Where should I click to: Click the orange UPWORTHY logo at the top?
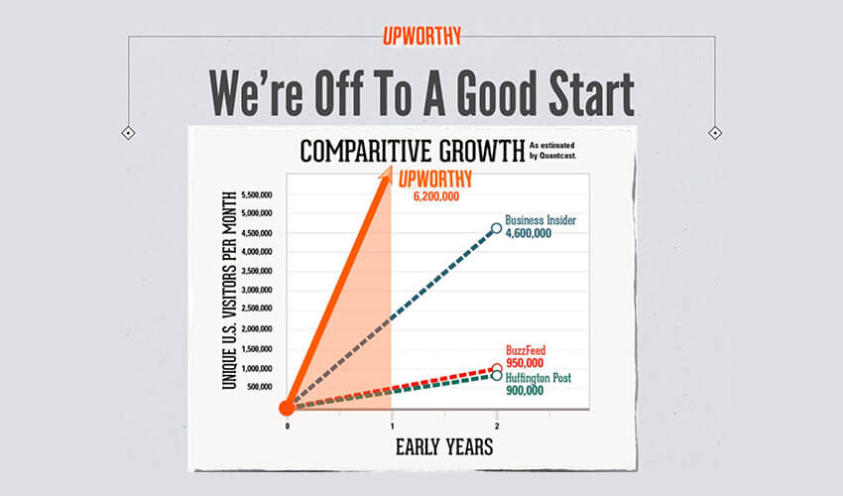coord(422,36)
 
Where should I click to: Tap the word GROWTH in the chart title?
coord(482,151)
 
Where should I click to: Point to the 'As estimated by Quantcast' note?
coord(552,151)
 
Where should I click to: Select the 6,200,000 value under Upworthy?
coord(436,196)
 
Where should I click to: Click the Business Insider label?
coord(541,220)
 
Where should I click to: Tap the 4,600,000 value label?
coord(529,233)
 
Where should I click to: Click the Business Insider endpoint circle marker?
coord(496,228)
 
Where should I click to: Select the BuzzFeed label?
coord(526,350)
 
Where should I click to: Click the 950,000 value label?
coord(525,363)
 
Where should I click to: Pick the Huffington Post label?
coord(539,378)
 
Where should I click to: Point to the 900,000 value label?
coord(525,391)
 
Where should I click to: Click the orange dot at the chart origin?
coord(287,408)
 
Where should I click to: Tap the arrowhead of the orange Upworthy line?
coord(386,173)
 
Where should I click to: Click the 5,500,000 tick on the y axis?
coord(257,194)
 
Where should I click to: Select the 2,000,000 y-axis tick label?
coord(257,328)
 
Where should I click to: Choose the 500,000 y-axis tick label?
coord(260,387)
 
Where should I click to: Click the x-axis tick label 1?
coord(393,427)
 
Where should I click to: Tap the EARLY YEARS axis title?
coord(444,447)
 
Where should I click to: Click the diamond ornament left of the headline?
coord(128,133)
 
